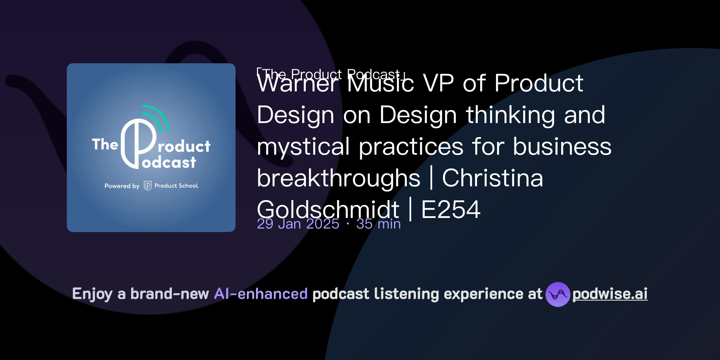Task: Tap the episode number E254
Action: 451,210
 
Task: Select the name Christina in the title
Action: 492,178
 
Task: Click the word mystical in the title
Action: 303,147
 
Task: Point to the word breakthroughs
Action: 338,178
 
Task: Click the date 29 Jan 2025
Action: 298,224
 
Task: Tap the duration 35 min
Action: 378,224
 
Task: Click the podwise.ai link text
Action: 610,294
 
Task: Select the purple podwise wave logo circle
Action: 558,294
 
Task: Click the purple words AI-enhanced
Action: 261,294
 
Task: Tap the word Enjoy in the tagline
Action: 92,294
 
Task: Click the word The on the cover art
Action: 104,144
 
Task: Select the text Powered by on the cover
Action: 122,186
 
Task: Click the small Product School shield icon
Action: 148,186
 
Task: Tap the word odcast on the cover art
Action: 169,163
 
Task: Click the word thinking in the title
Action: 510,115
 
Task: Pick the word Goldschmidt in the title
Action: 328,210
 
